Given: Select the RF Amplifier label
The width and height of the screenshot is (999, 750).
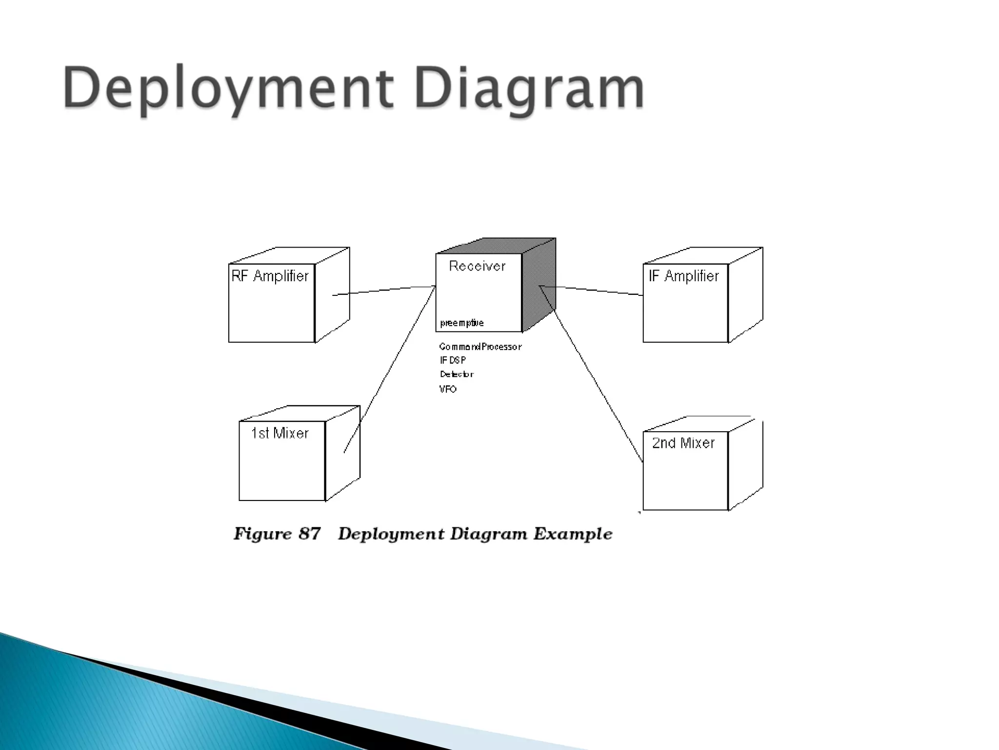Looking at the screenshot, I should pyautogui.click(x=270, y=276).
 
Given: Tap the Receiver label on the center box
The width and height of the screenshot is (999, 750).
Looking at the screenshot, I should pyautogui.click(x=477, y=266).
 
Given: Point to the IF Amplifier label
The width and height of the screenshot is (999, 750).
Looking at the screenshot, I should pyautogui.click(x=684, y=276).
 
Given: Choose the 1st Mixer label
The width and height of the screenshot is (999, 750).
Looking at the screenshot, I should pyautogui.click(x=280, y=434).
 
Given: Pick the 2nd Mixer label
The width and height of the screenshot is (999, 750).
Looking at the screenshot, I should pyautogui.click(x=683, y=443).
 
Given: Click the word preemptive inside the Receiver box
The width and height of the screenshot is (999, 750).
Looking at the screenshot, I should pyautogui.click(x=461, y=323).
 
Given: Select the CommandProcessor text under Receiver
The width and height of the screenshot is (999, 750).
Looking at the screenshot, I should pyautogui.click(x=480, y=347).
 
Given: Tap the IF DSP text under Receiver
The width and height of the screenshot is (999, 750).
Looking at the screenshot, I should pyautogui.click(x=453, y=360).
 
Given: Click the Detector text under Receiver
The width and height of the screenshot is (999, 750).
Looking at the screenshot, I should pyautogui.click(x=457, y=375).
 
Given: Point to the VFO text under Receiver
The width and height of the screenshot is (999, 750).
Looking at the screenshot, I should pyautogui.click(x=448, y=389).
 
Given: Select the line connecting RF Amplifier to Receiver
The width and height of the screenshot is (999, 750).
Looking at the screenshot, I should pyautogui.click(x=385, y=290).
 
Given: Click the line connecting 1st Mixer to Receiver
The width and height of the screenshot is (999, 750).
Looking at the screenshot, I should pyautogui.click(x=390, y=369).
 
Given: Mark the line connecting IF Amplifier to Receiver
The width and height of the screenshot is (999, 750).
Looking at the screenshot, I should pyautogui.click(x=593, y=290).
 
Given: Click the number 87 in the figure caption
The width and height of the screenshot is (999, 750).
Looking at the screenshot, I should pyautogui.click(x=309, y=534).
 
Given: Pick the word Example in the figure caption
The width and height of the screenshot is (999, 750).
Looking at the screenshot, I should pyautogui.click(x=573, y=534).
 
